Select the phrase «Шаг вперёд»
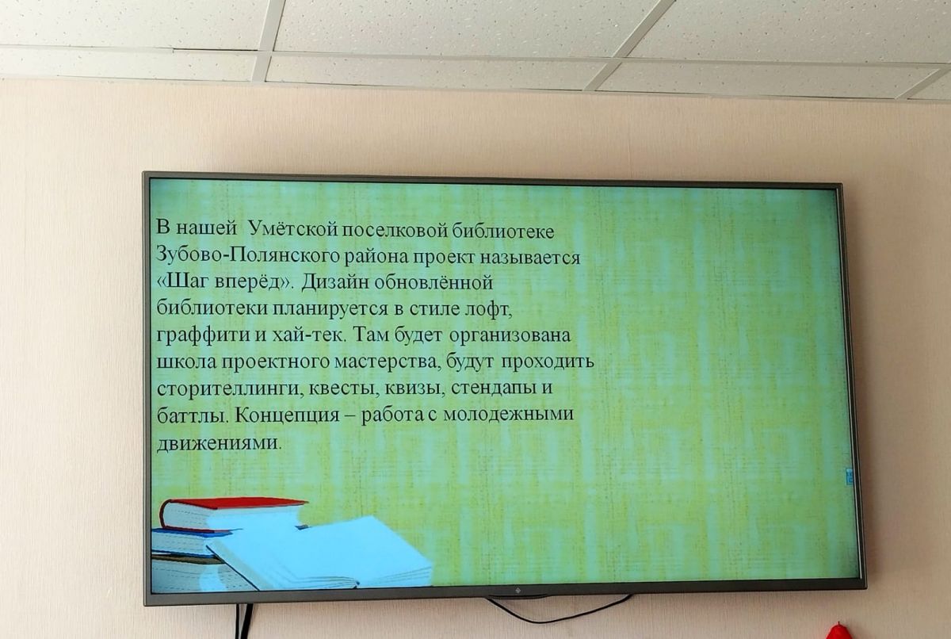224,282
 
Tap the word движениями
219,444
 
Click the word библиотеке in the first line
502,231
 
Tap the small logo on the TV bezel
518,590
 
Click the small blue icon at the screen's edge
849,476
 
